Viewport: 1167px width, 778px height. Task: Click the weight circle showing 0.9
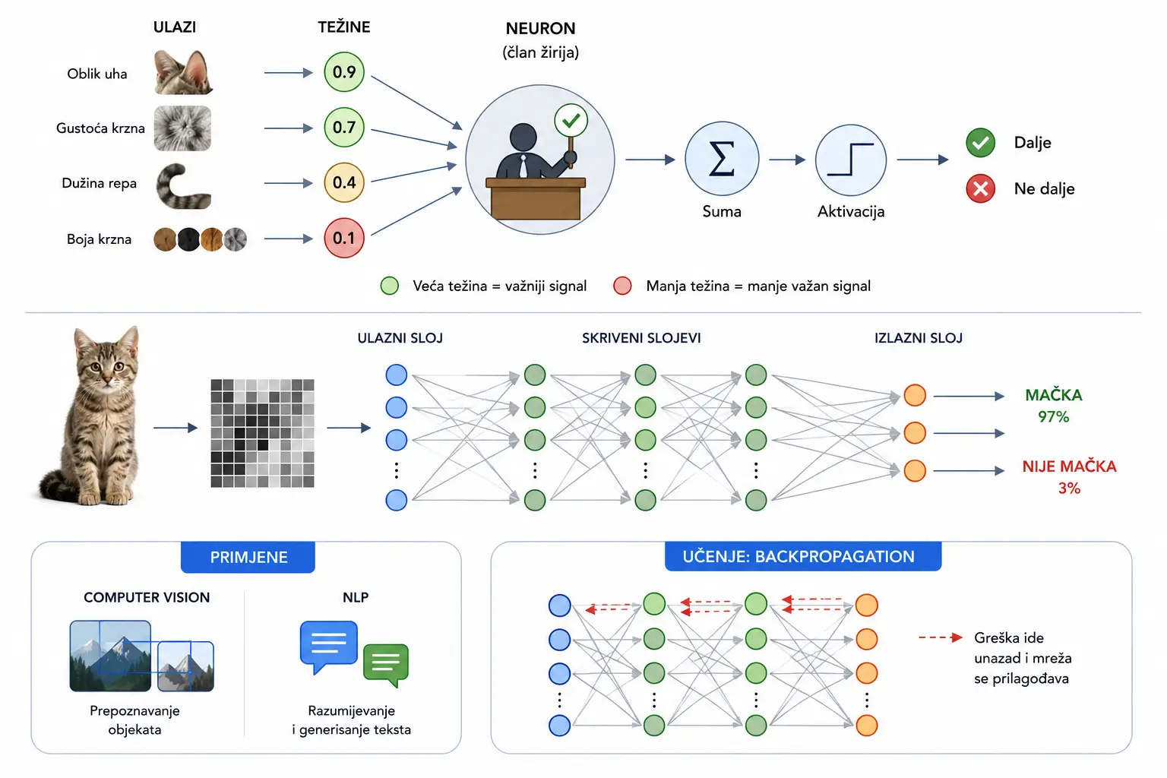(344, 72)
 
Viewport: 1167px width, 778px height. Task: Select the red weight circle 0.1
(344, 238)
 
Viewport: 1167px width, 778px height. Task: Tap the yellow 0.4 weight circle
(344, 182)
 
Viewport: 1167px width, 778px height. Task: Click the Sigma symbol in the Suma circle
(722, 159)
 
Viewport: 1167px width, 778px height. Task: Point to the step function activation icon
(850, 160)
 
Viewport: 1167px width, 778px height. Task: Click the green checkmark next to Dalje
(980, 143)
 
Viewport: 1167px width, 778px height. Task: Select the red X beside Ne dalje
(980, 188)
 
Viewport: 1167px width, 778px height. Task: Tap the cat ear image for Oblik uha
(183, 72)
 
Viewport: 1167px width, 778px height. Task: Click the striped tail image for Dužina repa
(184, 186)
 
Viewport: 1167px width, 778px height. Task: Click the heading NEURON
(540, 29)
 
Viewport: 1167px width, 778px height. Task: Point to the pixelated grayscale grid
(262, 433)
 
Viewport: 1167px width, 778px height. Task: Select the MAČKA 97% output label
(1054, 406)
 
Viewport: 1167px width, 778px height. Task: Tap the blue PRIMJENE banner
(248, 557)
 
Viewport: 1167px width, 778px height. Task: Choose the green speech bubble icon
(386, 664)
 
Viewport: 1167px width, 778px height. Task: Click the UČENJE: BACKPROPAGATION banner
(803, 557)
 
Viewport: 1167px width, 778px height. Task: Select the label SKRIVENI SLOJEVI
(641, 338)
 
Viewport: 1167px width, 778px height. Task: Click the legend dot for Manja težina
(622, 286)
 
